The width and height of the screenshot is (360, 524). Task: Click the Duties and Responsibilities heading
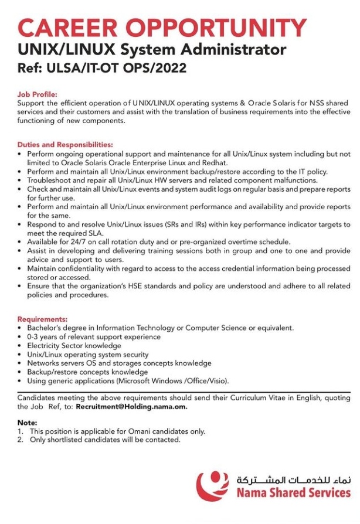[65, 144]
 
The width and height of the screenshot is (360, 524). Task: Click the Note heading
[27, 423]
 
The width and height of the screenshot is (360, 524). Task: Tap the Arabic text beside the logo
[293, 479]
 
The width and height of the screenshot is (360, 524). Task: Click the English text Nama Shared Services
[293, 492]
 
